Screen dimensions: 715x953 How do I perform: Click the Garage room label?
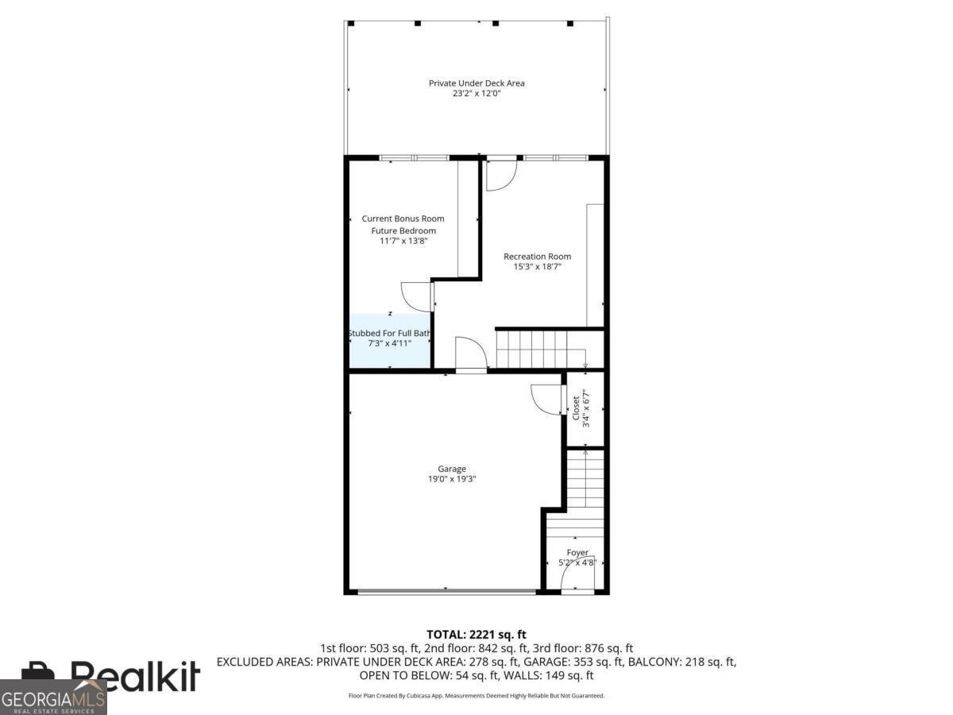pos(452,469)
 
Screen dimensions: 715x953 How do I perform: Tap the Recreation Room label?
pos(537,257)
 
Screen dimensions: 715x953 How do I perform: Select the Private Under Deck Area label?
pos(476,83)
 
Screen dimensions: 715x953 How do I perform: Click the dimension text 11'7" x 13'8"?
pos(403,241)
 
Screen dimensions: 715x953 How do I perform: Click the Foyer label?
pos(577,552)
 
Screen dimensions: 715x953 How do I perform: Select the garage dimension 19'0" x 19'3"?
pos(452,479)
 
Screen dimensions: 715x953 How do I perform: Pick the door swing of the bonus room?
pos(416,296)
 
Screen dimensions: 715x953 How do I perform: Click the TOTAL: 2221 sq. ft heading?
pos(476,634)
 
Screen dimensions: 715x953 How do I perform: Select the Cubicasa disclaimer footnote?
pos(476,695)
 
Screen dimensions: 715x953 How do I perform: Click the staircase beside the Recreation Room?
pos(540,350)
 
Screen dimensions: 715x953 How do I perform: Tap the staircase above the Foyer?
pos(585,485)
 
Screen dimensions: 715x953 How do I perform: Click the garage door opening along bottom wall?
pos(446,591)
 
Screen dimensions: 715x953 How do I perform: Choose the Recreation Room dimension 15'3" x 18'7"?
pos(537,267)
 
